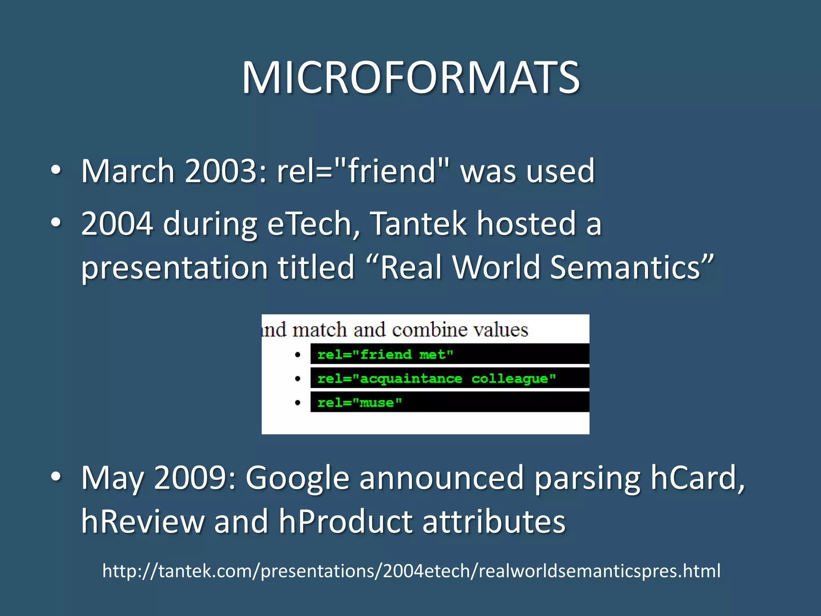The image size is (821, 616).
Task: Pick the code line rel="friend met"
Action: (385, 355)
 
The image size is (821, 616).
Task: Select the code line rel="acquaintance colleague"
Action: (436, 379)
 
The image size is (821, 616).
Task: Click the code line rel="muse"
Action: (359, 403)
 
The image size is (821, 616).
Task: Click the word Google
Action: (297, 478)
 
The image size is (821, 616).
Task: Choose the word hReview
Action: (142, 522)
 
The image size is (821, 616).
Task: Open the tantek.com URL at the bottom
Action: (411, 571)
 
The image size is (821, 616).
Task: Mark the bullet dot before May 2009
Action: (56, 476)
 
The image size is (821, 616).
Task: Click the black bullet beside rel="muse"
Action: (297, 403)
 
